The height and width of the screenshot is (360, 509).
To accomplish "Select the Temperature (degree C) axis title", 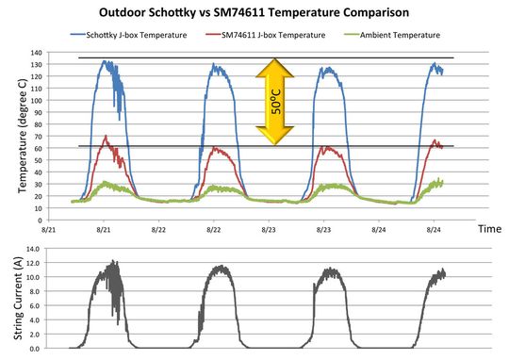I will click(23, 137).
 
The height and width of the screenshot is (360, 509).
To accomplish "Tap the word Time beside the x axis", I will click(488, 229).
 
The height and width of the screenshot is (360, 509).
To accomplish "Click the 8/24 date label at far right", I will click(434, 229).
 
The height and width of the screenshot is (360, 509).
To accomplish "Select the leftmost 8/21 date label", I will click(50, 229).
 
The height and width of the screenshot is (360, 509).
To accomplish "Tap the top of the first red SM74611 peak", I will click(106, 138).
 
